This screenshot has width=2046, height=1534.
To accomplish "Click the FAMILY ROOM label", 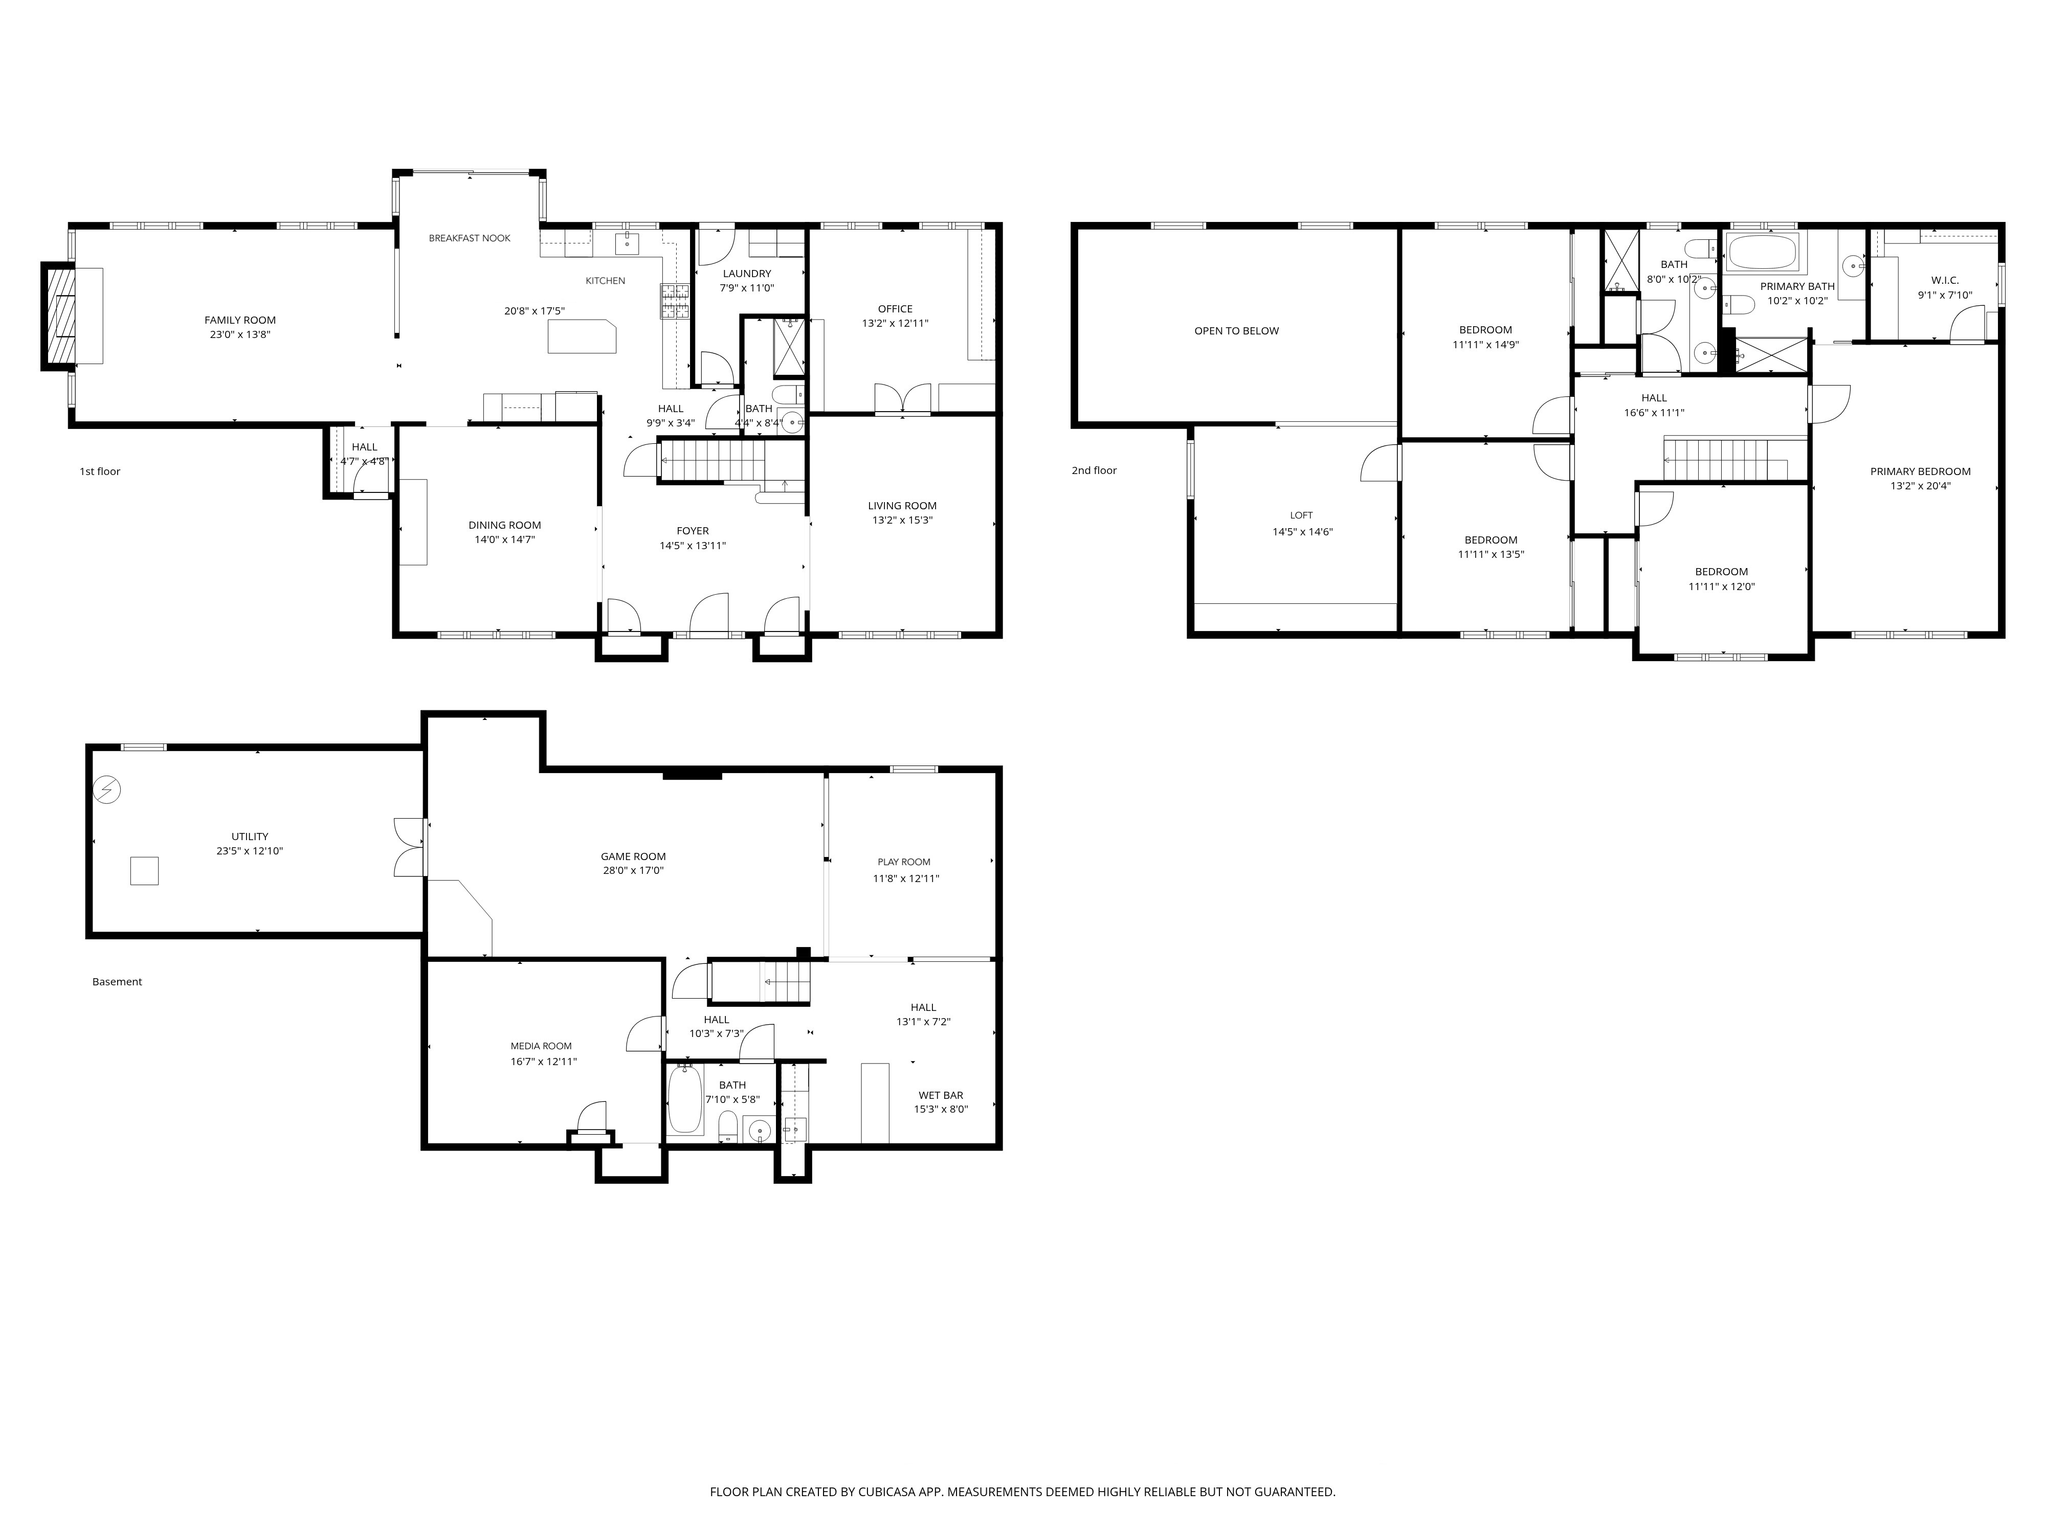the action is pyautogui.click(x=240, y=320).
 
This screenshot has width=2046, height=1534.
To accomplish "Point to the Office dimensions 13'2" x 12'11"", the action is pyautogui.click(x=895, y=324).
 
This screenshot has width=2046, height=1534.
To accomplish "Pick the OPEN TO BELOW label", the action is pyautogui.click(x=1237, y=330).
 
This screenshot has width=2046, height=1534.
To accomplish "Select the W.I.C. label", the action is pyautogui.click(x=1945, y=280).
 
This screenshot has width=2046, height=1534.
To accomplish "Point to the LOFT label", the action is pyautogui.click(x=1301, y=515).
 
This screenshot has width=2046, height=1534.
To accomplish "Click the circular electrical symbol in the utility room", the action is pyautogui.click(x=107, y=789).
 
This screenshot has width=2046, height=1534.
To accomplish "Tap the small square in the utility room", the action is pyautogui.click(x=144, y=870).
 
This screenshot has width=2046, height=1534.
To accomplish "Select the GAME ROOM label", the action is pyautogui.click(x=634, y=856).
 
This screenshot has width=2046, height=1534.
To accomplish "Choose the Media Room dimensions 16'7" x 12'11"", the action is pyautogui.click(x=544, y=1062).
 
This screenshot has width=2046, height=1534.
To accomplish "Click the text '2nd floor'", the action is pyautogui.click(x=1094, y=470).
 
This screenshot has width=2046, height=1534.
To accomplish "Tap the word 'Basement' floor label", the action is pyautogui.click(x=118, y=982).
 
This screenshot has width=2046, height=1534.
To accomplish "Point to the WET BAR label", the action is pyautogui.click(x=941, y=1095).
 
